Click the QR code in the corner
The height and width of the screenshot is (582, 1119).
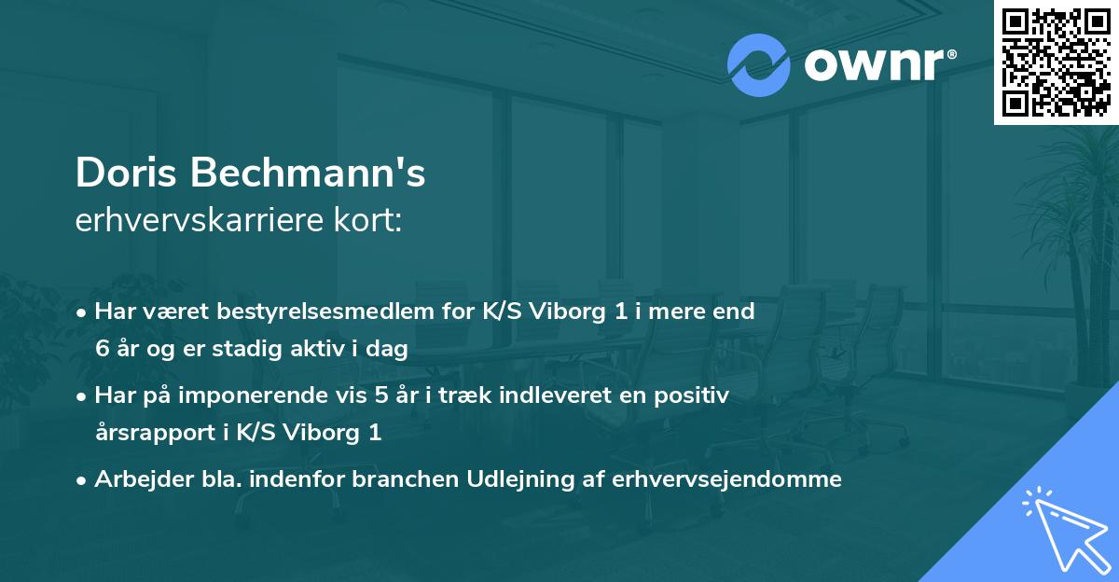coord(1056,62)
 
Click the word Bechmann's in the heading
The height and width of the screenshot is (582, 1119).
coord(310,173)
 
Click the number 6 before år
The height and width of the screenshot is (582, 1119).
coord(102,349)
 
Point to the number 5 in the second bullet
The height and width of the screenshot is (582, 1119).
coord(380,395)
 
